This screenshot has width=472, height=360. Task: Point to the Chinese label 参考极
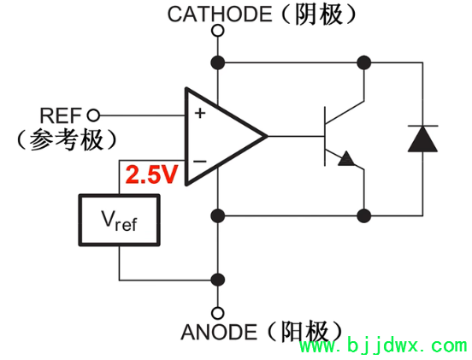tap(67, 139)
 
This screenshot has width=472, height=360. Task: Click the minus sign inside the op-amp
tap(200, 160)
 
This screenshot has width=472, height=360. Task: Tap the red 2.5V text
tap(151, 175)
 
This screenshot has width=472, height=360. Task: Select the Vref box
tap(119, 221)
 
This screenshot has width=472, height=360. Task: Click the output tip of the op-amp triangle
tap(266, 136)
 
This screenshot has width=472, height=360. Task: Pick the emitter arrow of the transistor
tap(347, 159)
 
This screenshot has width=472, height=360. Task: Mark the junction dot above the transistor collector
tap(364, 62)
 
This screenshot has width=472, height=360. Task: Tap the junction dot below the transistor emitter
tap(364, 214)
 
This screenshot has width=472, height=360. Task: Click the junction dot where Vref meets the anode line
tap(218, 280)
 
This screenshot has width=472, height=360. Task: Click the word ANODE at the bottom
tap(219, 332)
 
